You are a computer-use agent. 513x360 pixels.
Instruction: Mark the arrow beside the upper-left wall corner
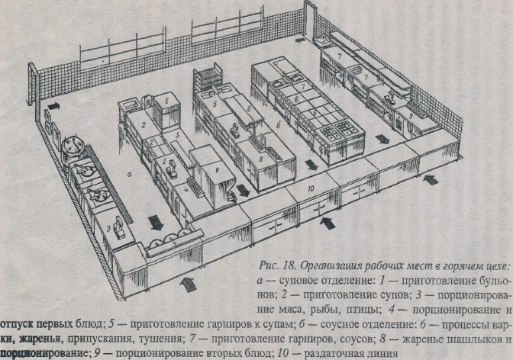pos(54,104)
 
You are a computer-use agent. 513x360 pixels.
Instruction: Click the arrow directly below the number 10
pos(330,223)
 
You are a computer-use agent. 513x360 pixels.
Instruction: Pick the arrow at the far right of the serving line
pos(431,180)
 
